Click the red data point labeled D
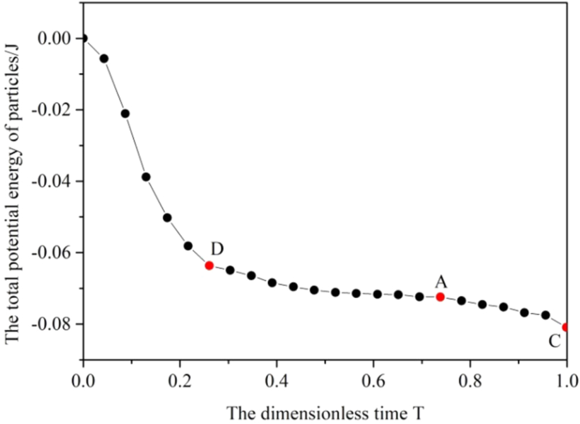pos(209,265)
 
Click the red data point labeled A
pos(440,297)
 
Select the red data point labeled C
pos(566,327)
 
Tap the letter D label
pos(217,248)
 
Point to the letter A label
pos(441,281)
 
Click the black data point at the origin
pos(84,38)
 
